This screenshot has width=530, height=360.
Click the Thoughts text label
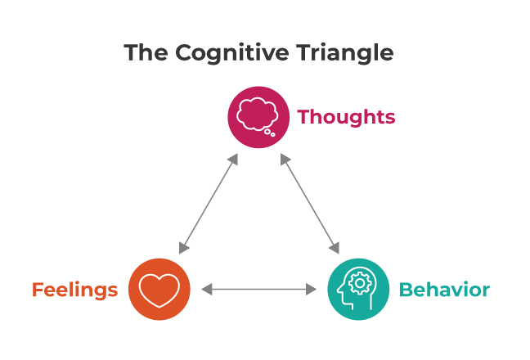[346, 117]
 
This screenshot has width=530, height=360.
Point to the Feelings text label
[74, 290]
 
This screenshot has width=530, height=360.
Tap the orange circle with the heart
[159, 289]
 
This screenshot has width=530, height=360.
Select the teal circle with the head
[357, 289]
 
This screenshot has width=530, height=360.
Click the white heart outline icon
[159, 290]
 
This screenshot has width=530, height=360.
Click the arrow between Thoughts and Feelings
[209, 203]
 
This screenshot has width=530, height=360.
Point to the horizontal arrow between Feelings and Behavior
[258, 289]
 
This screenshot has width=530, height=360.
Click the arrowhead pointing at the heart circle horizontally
[206, 289]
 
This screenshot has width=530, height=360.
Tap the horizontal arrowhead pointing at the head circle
[312, 289]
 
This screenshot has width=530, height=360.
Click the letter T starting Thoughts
[304, 117]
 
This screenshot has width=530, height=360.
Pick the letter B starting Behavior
[404, 290]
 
